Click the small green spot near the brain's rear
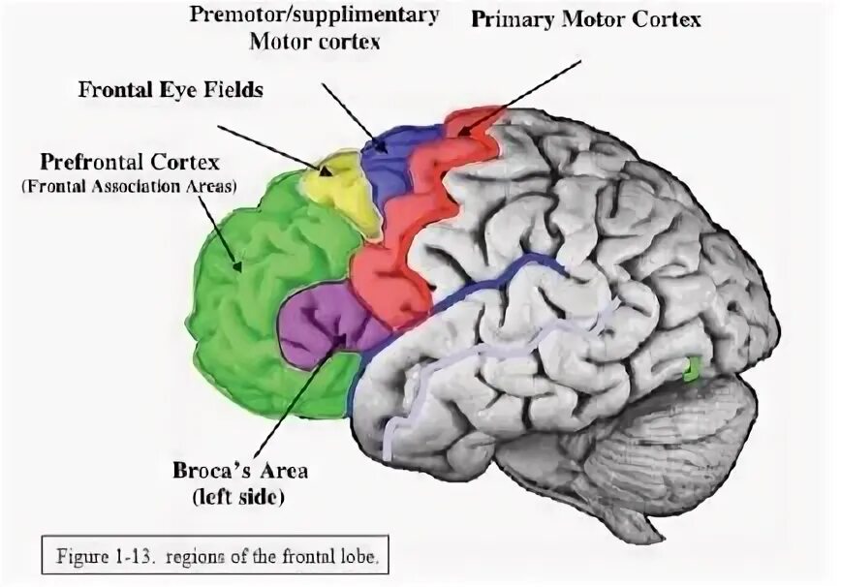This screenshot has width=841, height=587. point(692,368)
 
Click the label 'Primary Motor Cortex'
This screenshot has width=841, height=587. point(585,19)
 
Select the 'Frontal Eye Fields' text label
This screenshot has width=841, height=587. point(171,90)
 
